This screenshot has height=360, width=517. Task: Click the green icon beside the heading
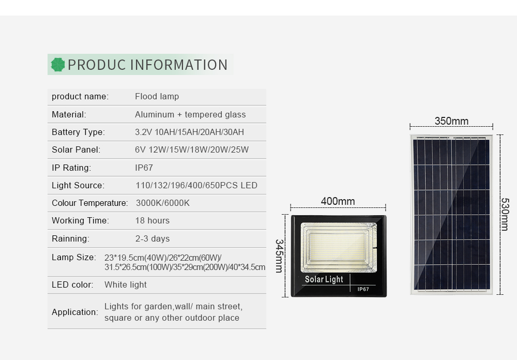58,65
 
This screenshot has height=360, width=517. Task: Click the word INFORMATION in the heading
179,65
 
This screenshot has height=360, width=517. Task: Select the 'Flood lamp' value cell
157,96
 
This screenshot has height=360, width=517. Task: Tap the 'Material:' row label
69,114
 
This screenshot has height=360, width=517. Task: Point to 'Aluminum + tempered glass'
190,114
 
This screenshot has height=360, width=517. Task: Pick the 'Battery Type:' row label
79,132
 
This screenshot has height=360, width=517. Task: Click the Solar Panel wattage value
192,150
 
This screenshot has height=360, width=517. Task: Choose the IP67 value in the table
144,168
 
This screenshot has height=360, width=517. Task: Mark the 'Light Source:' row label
78,186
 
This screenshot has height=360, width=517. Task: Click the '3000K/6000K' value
163,203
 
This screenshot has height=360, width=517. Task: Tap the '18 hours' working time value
153,220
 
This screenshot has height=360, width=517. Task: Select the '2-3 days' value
153,238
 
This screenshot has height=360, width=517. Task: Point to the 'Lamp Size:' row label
74,257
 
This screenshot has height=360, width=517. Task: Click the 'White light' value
126,284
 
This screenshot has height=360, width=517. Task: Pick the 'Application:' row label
75,312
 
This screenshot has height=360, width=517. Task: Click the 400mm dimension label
338,201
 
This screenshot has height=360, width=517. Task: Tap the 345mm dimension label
279,256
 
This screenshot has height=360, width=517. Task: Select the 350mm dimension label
451,121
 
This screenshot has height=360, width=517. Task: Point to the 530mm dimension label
505,214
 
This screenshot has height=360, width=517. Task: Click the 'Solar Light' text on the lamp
324,279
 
